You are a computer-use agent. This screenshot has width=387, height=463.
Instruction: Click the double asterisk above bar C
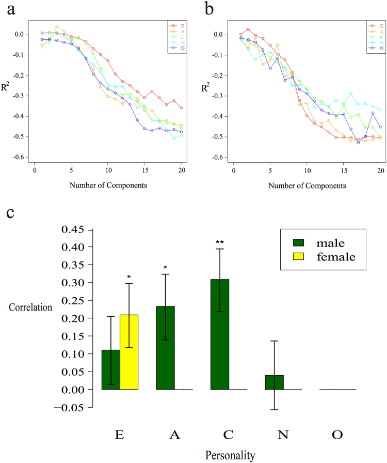point(220,242)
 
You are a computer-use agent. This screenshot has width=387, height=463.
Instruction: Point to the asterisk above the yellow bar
point(129,277)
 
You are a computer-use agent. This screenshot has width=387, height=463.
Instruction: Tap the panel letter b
point(208,9)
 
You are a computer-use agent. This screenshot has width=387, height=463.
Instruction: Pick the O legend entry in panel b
point(381,48)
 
